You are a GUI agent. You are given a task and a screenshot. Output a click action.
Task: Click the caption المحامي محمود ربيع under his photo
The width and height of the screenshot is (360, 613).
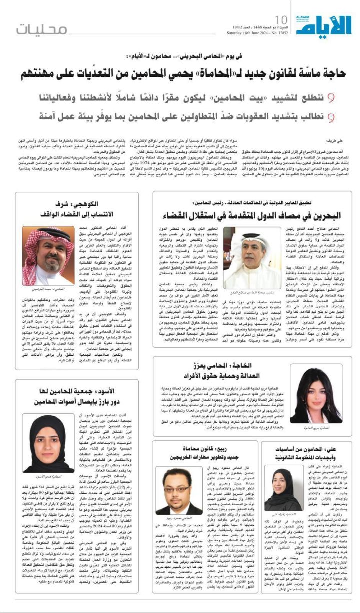179,519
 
